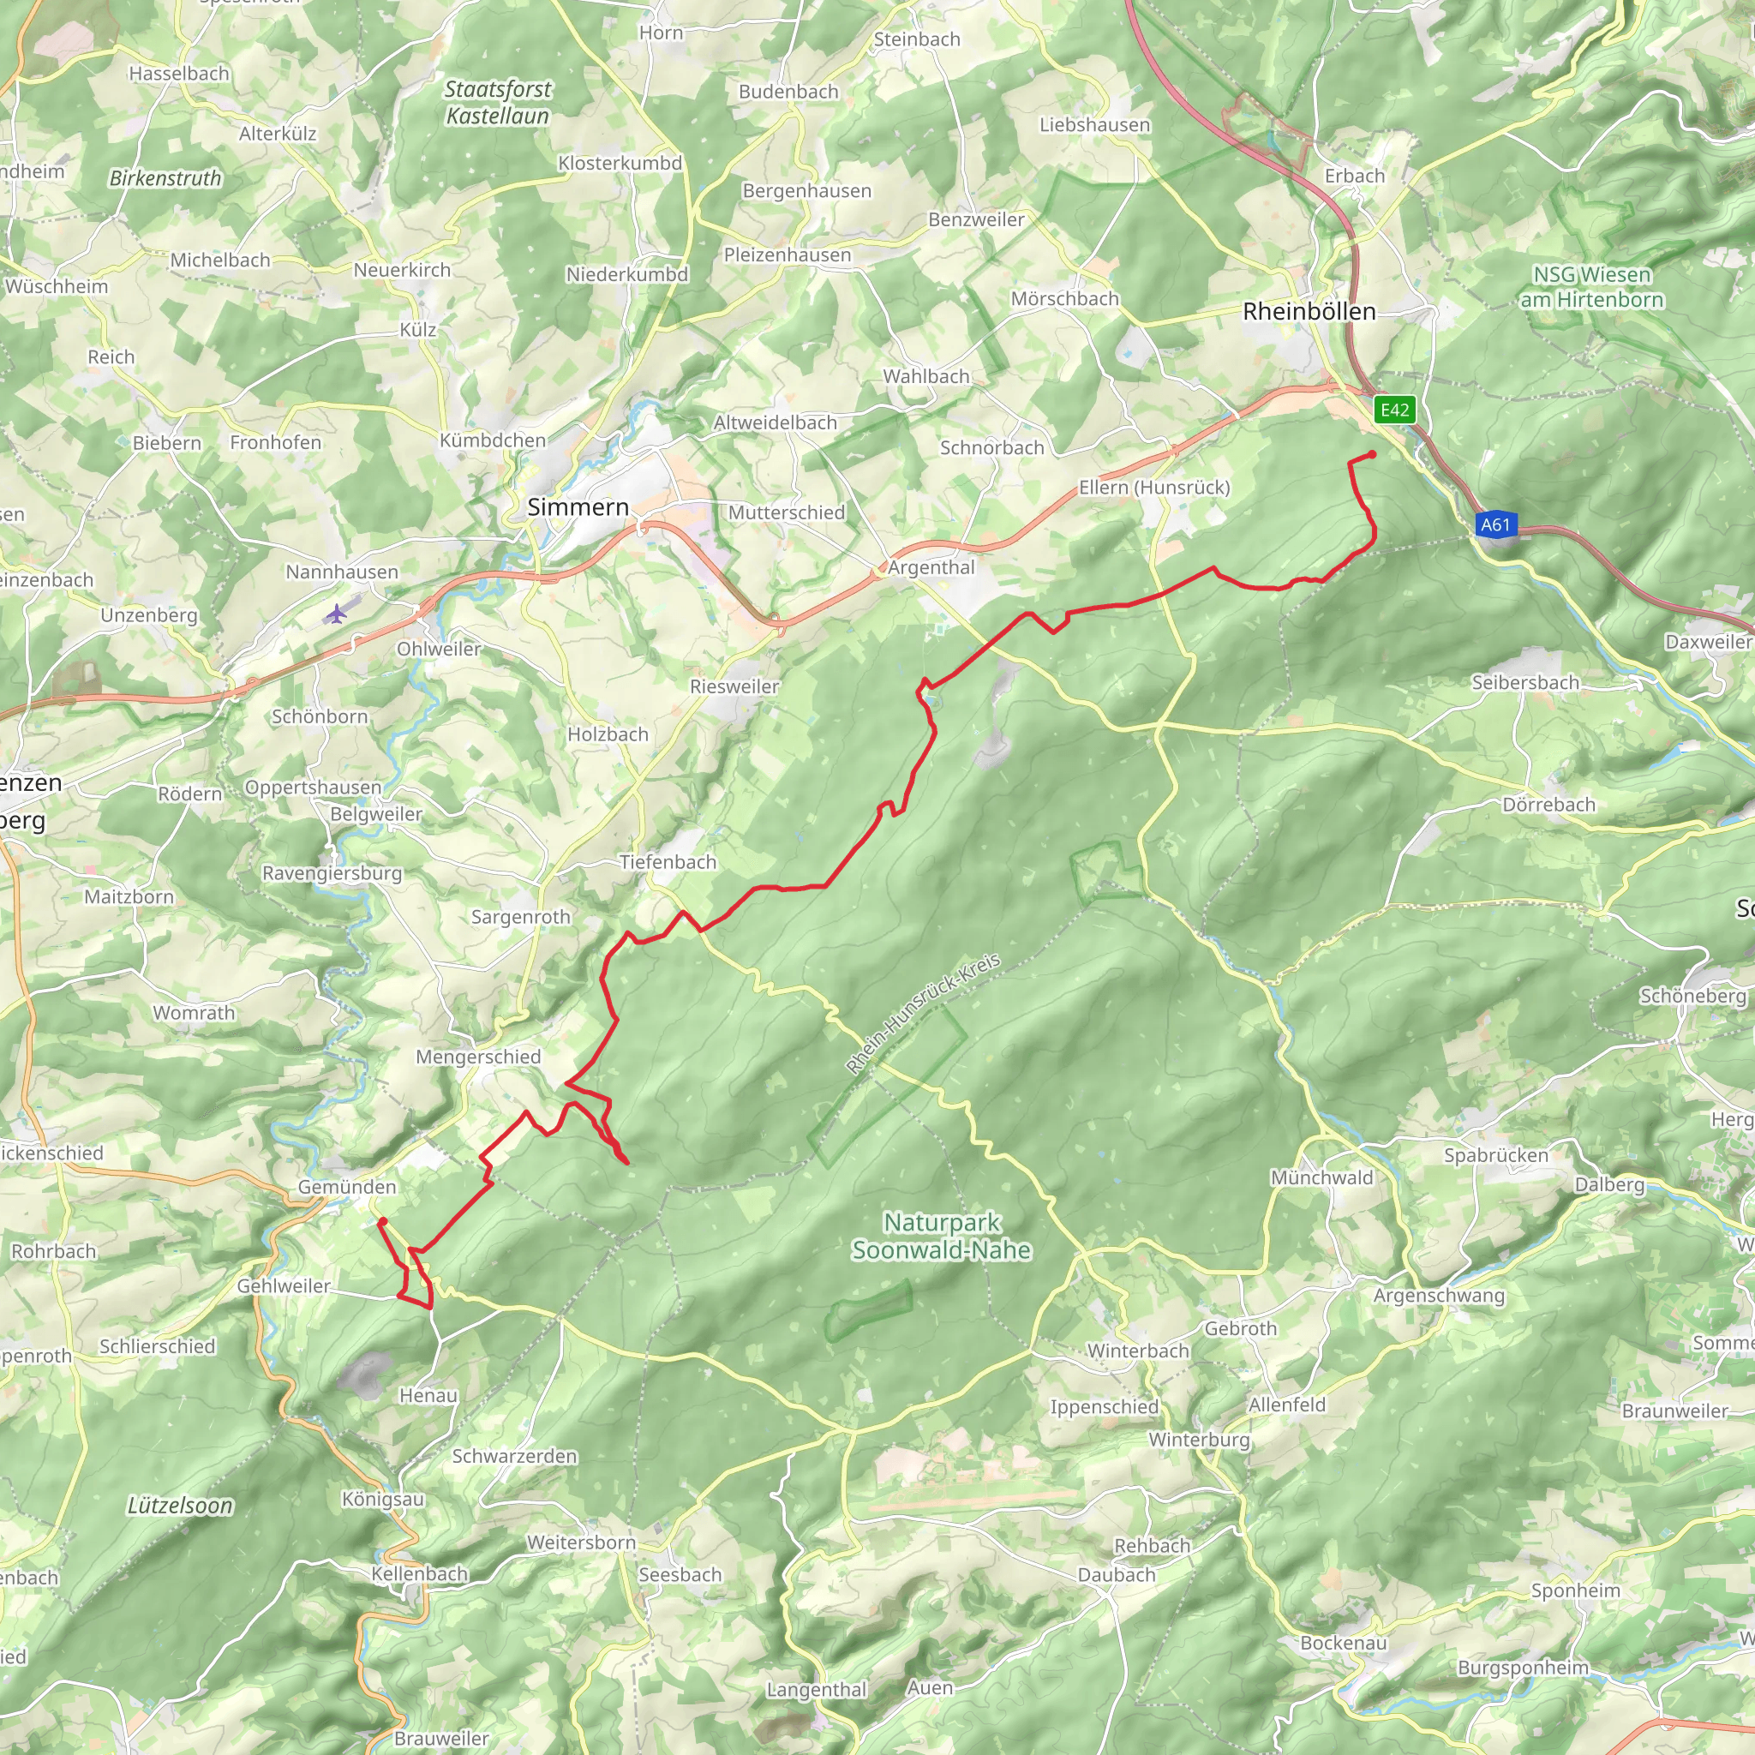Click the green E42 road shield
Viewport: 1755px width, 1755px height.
pyautogui.click(x=1394, y=410)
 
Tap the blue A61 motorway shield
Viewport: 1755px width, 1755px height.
pyautogui.click(x=1495, y=524)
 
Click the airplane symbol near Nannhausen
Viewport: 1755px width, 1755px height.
pyautogui.click(x=336, y=614)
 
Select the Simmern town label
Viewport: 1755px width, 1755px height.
pyautogui.click(x=578, y=507)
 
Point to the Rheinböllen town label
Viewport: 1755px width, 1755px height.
pyautogui.click(x=1309, y=312)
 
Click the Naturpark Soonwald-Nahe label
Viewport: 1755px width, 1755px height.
pyautogui.click(x=941, y=1237)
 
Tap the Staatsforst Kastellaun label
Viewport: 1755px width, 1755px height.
pyautogui.click(x=498, y=103)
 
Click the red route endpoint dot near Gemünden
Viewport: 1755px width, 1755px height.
pyautogui.click(x=383, y=1222)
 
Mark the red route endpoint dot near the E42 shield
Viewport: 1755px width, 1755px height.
pyautogui.click(x=1372, y=454)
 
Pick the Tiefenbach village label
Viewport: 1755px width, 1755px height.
pyautogui.click(x=668, y=862)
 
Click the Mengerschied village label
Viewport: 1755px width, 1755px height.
pyautogui.click(x=478, y=1057)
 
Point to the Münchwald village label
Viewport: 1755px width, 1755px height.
pyautogui.click(x=1321, y=1177)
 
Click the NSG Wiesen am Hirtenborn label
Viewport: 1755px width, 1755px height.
pyautogui.click(x=1592, y=287)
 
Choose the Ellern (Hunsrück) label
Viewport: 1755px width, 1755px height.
pyautogui.click(x=1153, y=488)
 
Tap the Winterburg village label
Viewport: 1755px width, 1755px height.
pyautogui.click(x=1199, y=1440)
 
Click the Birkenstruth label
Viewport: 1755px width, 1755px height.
pyautogui.click(x=165, y=178)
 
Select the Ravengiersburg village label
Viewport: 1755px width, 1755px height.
pyautogui.click(x=332, y=873)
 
